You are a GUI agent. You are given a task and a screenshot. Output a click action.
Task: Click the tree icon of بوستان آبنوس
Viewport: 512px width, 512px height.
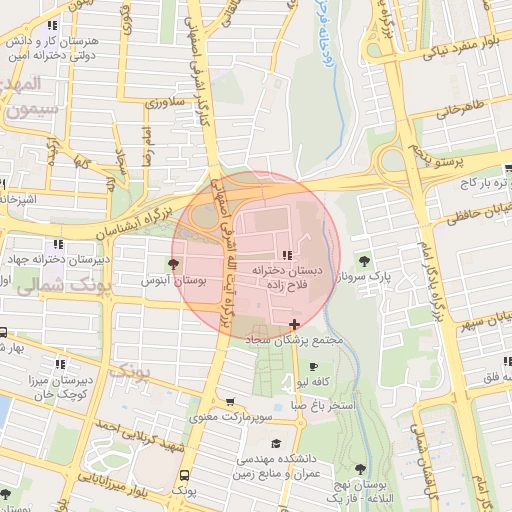(x=174, y=264)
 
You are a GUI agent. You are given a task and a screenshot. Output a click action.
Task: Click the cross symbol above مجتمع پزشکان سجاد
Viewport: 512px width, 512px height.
(x=293, y=324)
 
